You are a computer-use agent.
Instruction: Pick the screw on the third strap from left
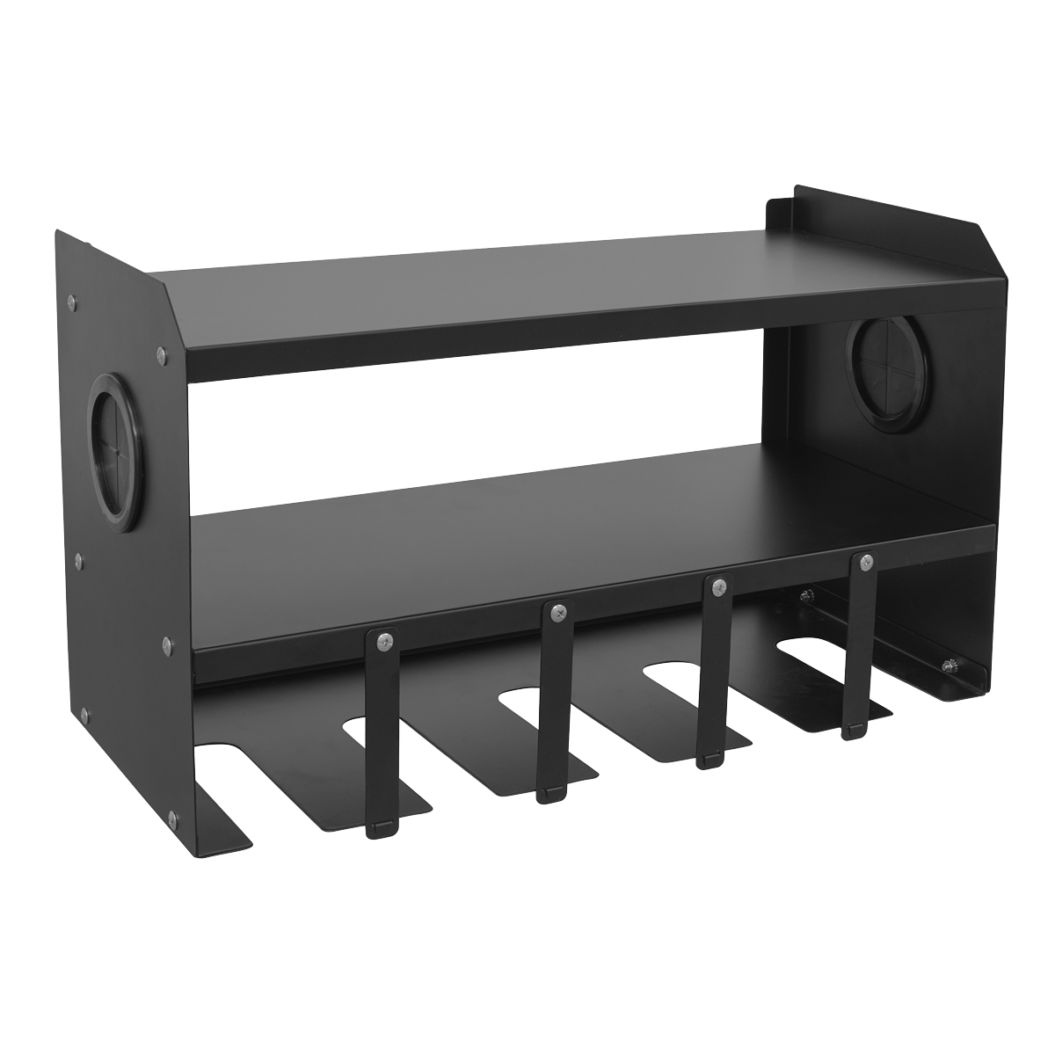719,585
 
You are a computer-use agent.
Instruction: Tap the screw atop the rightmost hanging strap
866,562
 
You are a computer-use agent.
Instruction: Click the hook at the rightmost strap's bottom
851,730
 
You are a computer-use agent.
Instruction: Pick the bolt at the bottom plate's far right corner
951,665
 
